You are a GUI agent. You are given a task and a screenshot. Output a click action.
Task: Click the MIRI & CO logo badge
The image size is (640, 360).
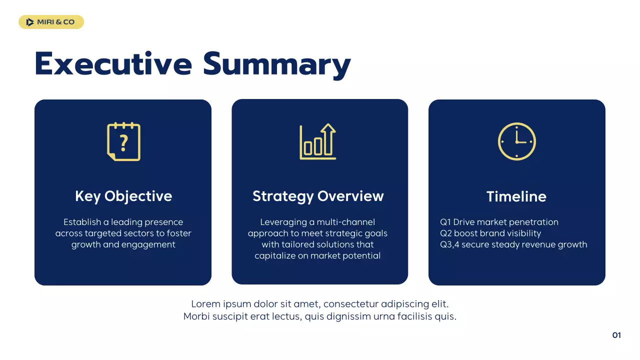51,22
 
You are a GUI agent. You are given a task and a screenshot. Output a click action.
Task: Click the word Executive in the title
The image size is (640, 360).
113,64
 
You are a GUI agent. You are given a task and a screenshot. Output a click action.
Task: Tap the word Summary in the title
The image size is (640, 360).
276,65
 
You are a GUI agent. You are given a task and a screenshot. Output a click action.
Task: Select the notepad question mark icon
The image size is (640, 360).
123,141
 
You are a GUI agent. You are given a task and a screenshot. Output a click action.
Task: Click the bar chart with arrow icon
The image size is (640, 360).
317,142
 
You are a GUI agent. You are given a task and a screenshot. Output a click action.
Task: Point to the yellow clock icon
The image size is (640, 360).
516,141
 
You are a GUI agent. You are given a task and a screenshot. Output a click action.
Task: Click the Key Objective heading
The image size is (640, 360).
123,196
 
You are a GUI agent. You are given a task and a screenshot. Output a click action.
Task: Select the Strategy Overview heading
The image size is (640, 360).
318,196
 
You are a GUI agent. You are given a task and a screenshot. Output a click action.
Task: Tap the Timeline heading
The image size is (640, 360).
516,196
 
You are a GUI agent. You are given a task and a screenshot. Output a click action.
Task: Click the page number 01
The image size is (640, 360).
616,335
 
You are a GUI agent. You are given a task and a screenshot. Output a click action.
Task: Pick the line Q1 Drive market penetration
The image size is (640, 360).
499,222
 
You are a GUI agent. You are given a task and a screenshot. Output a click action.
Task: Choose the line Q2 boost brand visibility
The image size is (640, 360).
490,233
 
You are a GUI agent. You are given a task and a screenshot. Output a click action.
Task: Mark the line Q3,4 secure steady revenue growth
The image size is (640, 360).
513,244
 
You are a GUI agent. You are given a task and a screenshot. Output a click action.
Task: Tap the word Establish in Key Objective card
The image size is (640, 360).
82,222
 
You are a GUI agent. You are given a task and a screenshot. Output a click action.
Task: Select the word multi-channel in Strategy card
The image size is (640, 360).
345,222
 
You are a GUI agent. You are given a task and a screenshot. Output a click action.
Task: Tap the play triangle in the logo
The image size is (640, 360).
30,22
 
